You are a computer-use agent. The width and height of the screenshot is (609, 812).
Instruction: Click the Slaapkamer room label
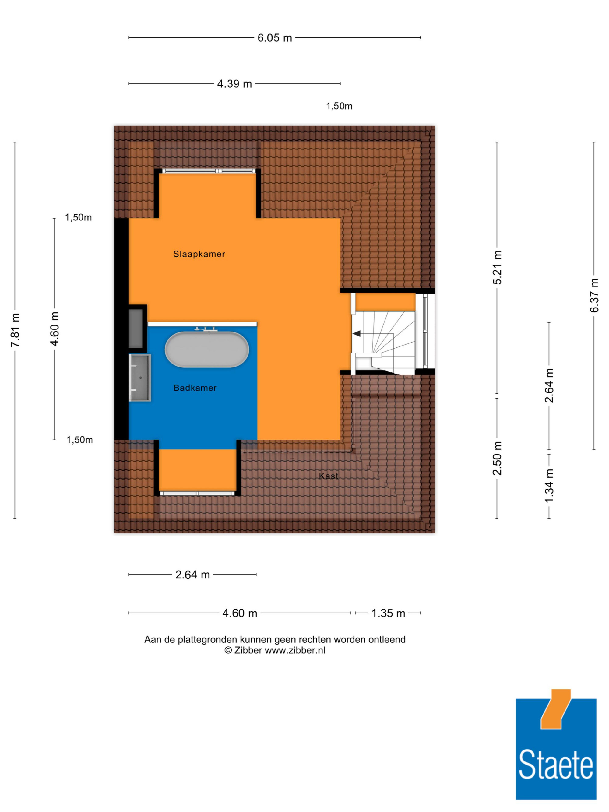click(199, 254)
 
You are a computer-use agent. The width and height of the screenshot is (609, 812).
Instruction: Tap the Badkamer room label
click(195, 388)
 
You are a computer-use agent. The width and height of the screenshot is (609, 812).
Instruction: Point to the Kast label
click(329, 476)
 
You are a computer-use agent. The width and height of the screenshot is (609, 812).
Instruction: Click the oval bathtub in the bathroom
click(207, 350)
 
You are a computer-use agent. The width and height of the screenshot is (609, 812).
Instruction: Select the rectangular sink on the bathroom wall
click(140, 378)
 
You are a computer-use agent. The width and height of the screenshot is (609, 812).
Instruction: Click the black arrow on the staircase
click(357, 334)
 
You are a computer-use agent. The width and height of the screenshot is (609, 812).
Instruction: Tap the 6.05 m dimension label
click(275, 38)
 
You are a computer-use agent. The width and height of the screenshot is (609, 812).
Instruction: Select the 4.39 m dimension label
click(234, 84)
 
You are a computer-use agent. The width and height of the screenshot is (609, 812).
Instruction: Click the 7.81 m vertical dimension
click(15, 330)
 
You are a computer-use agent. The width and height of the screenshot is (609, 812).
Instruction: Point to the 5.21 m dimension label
click(497, 268)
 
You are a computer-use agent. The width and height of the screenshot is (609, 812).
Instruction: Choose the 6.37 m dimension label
click(594, 296)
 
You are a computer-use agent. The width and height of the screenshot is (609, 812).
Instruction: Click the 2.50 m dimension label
click(497, 459)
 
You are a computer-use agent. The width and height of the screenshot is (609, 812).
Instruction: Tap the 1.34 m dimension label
click(549, 486)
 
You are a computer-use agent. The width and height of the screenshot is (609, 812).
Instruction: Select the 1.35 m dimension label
click(388, 613)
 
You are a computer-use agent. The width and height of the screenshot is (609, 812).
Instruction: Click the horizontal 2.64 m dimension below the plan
click(192, 575)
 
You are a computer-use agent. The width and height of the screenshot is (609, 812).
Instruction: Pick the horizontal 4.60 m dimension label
click(240, 613)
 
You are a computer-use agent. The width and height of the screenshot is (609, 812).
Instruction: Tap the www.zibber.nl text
click(295, 650)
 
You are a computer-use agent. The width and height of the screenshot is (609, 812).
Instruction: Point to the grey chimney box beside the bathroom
click(136, 328)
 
